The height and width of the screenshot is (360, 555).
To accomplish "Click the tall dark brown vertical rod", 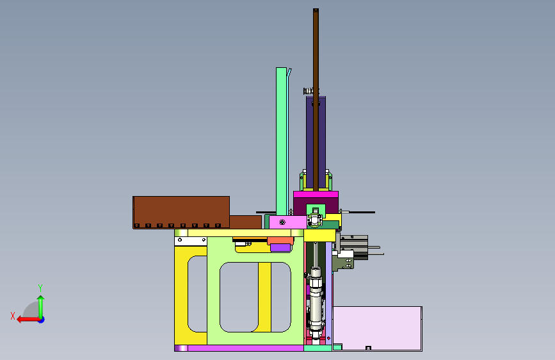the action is pos(316,99).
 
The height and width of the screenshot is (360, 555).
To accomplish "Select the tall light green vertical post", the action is pos(282,141).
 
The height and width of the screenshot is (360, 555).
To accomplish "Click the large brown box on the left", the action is pos(181,212).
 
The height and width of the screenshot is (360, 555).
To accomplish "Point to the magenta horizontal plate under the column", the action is pos(316,195).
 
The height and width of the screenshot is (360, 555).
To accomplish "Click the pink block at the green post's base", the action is pos(288,222).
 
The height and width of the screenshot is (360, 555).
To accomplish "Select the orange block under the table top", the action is pos(280,241).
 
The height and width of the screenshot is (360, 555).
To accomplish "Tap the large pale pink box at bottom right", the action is pos(377,329).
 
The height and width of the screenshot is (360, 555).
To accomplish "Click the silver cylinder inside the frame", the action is pos(316,301).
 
